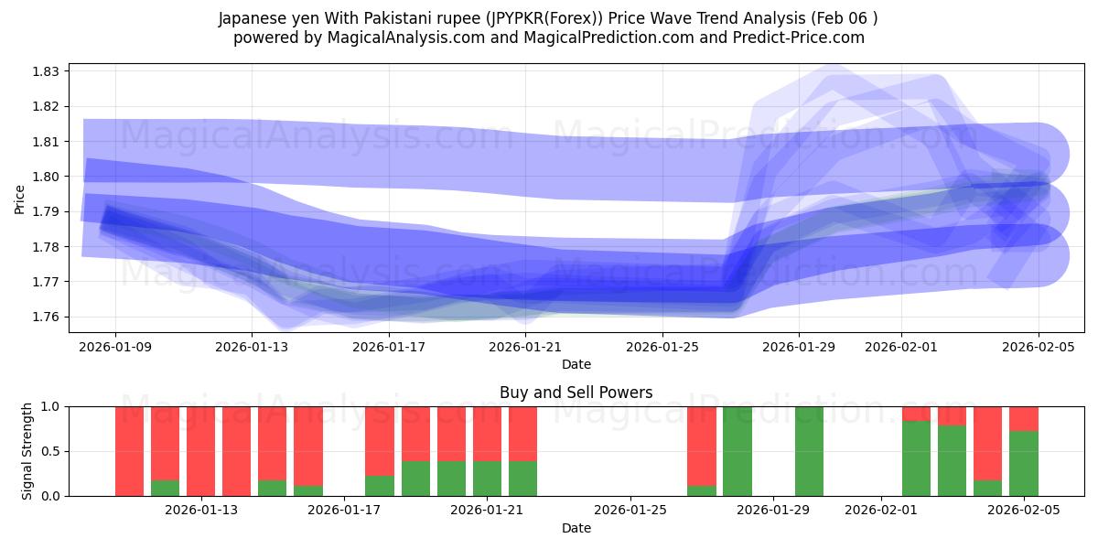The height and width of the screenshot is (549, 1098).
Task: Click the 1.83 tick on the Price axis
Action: [x=47, y=71]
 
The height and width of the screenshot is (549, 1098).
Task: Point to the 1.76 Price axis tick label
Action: [x=47, y=317]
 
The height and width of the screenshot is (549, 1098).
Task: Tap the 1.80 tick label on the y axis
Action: [x=47, y=177]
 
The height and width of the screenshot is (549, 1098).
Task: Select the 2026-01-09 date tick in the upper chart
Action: [x=115, y=347]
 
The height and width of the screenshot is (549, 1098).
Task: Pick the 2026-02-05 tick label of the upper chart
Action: [x=1038, y=347]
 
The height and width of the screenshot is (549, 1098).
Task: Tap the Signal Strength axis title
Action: [x=27, y=451]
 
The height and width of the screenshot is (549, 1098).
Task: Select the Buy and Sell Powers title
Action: [x=576, y=393]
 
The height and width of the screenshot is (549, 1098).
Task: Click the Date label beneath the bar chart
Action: [x=576, y=528]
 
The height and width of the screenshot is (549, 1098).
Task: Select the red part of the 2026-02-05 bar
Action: [x=1024, y=418]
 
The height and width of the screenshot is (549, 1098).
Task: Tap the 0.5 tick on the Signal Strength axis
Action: [x=50, y=451]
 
